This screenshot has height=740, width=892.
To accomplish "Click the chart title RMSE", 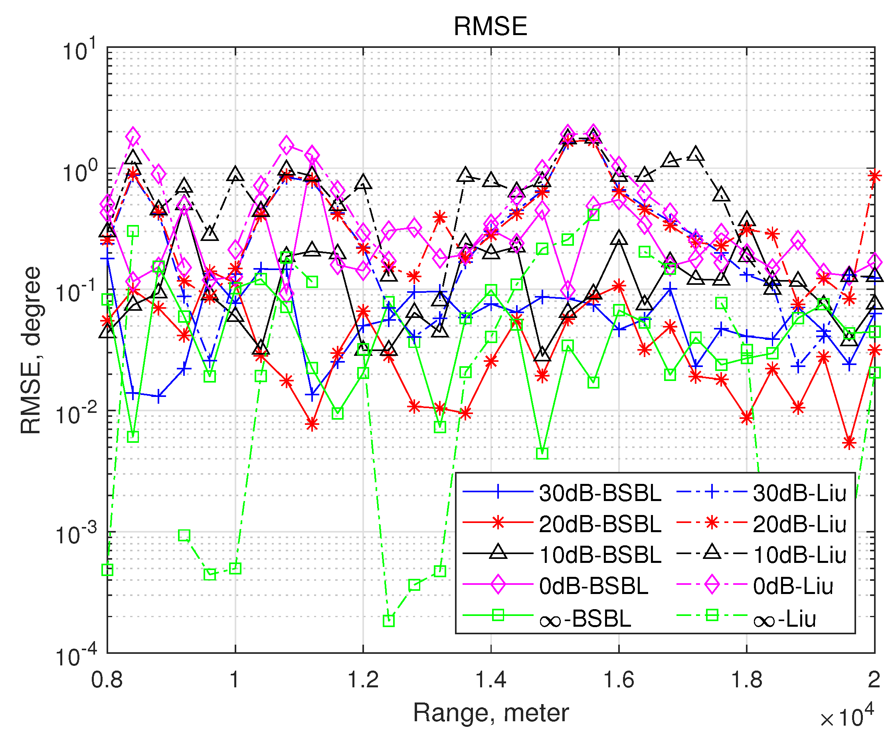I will tap(490, 26).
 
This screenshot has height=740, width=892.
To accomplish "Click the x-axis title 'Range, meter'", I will tap(491, 713).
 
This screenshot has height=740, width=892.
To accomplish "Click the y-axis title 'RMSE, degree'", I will tap(31, 350).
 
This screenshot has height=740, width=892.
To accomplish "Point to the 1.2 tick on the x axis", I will tap(363, 679).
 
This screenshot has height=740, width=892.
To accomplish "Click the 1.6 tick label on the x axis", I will tap(619, 679).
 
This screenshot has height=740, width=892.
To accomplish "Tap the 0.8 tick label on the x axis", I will tap(107, 679).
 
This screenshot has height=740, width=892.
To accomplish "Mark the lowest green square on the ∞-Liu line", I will tap(389, 621).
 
